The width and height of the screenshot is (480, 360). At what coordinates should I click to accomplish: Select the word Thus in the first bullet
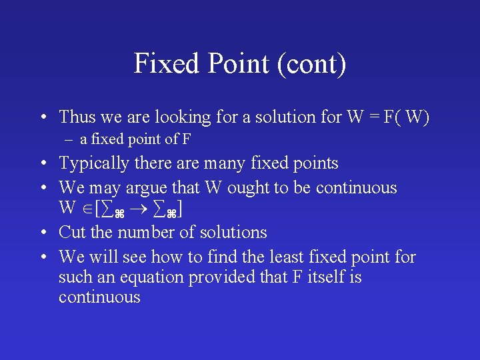point(77,117)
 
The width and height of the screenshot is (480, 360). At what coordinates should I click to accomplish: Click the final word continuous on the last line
point(99,297)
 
